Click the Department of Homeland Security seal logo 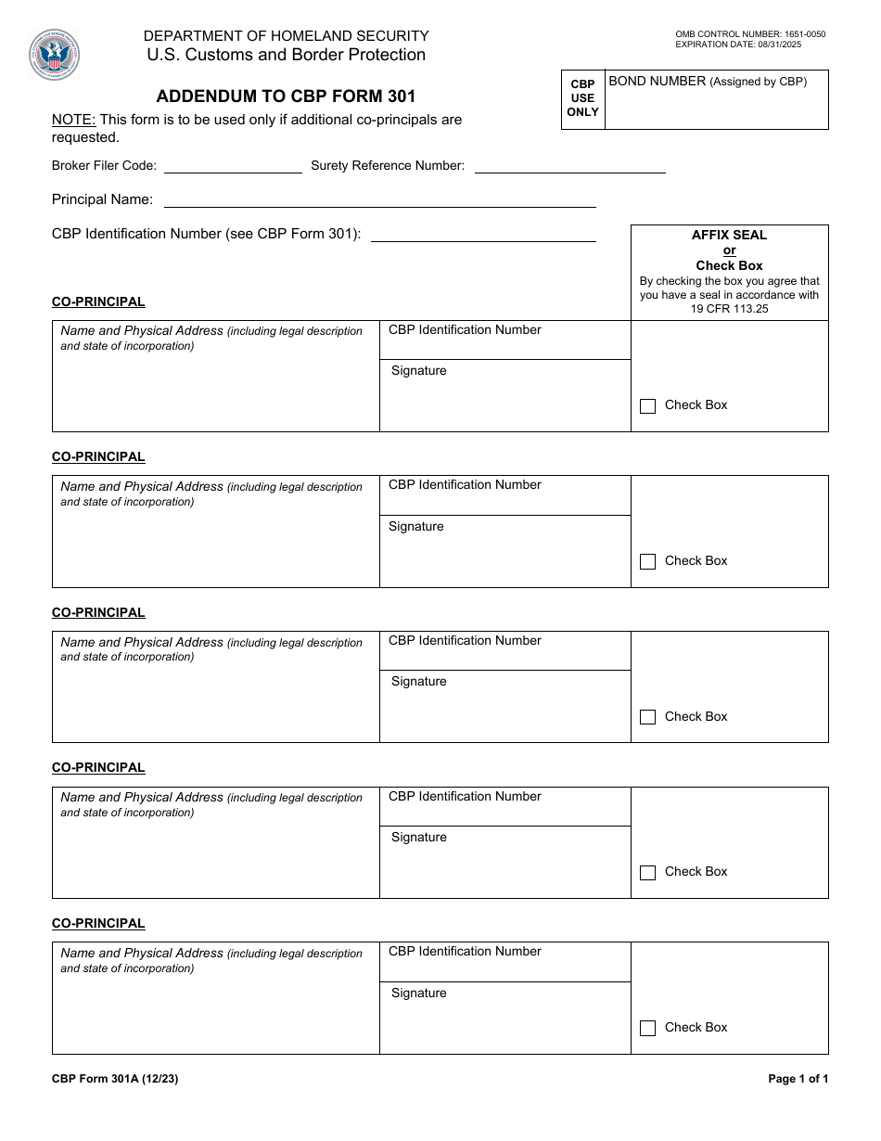click(x=54, y=56)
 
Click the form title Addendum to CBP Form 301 click(x=286, y=96)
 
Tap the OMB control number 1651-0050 click(x=749, y=34)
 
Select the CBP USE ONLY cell click(x=582, y=98)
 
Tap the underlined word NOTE click(x=73, y=120)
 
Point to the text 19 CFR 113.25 click(x=729, y=309)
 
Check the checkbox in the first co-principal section click(x=647, y=406)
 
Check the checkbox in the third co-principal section click(x=647, y=717)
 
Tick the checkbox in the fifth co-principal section click(x=647, y=1028)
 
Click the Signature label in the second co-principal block click(x=415, y=527)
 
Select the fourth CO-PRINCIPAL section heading click(x=98, y=768)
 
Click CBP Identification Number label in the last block click(x=465, y=952)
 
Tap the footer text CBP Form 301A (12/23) click(x=114, y=1079)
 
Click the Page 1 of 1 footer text click(x=798, y=1079)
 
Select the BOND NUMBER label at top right click(x=657, y=82)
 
